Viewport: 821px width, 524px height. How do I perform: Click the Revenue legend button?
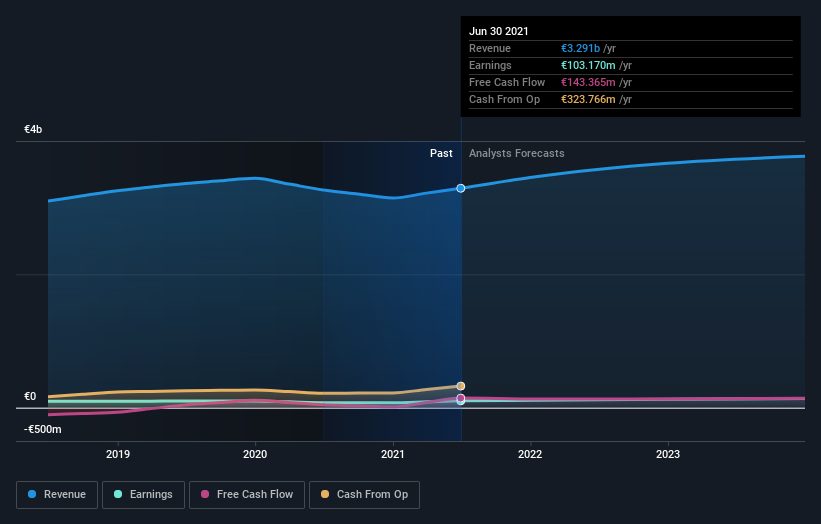(57, 494)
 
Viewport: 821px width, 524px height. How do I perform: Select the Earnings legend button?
(143, 494)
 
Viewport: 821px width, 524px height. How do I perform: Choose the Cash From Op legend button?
(364, 494)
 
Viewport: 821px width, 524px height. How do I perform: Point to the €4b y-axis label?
(34, 130)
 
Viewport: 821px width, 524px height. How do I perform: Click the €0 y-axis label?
(30, 397)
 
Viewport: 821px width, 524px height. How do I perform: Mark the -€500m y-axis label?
(43, 430)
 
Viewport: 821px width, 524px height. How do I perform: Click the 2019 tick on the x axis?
(118, 454)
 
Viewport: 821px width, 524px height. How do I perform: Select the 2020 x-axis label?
(255, 454)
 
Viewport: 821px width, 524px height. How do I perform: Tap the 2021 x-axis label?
(393, 454)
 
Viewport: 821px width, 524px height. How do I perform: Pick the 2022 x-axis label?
(530, 454)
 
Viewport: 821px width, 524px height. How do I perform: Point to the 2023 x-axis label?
(668, 454)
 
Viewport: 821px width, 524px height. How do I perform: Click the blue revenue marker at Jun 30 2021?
(461, 188)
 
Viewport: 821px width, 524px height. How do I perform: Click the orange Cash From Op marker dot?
(461, 386)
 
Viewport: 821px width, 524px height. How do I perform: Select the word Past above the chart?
(441, 154)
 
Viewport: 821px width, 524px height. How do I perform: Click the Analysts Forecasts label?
(516, 154)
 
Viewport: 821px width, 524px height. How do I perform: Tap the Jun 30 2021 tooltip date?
(499, 31)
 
